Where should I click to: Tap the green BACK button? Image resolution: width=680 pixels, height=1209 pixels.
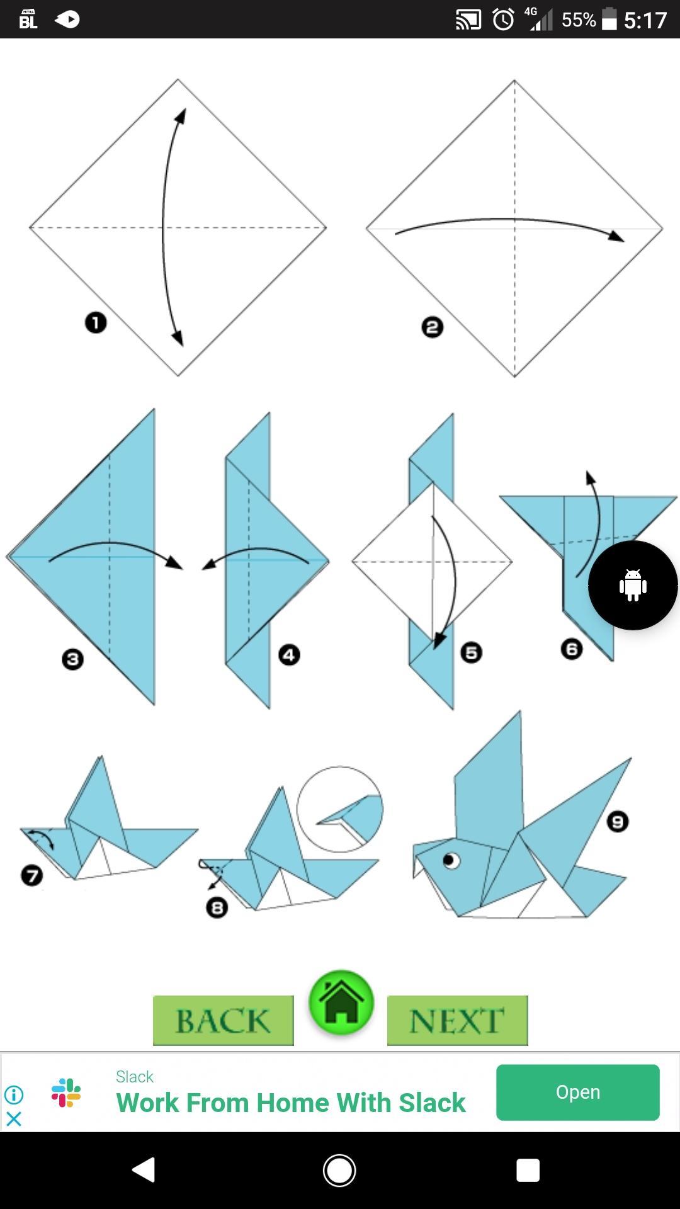(x=224, y=1020)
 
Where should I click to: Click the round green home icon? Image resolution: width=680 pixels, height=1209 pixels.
(x=341, y=1002)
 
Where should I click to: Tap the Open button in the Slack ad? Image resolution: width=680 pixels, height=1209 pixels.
(x=577, y=1092)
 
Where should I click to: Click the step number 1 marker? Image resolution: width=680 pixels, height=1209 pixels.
(x=96, y=323)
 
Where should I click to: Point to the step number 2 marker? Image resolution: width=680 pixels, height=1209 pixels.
(x=432, y=327)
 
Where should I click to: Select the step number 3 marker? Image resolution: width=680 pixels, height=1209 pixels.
(x=72, y=659)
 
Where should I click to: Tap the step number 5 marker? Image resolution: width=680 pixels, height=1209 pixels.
(x=471, y=652)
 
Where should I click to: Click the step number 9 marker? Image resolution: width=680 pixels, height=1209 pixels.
(x=617, y=822)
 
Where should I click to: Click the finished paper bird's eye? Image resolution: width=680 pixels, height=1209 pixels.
(x=451, y=860)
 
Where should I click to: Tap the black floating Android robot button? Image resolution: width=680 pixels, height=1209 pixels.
(x=633, y=585)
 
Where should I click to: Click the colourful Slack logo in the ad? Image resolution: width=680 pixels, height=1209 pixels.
(x=66, y=1093)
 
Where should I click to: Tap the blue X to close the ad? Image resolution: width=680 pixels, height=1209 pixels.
(x=14, y=1118)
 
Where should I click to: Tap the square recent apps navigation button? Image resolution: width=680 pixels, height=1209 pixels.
(x=528, y=1170)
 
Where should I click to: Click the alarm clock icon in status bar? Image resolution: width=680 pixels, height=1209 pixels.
(x=503, y=20)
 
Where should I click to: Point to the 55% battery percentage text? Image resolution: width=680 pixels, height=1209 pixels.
(x=579, y=20)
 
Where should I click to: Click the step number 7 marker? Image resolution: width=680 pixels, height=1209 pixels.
(x=31, y=875)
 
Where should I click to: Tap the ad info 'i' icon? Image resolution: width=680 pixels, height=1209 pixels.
(x=14, y=1094)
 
